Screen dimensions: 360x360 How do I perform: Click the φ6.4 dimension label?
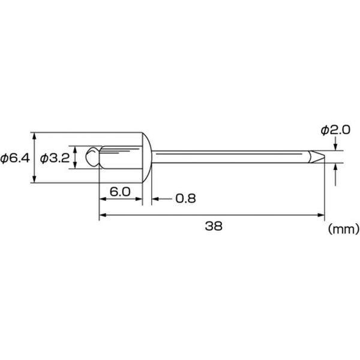(x=15, y=158)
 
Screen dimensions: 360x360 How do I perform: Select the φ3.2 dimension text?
(x=55, y=158)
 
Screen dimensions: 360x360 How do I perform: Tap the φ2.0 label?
(x=335, y=130)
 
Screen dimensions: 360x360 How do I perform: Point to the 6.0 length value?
(x=120, y=191)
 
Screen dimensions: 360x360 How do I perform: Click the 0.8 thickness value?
(x=185, y=199)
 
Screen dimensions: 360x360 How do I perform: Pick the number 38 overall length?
(x=214, y=226)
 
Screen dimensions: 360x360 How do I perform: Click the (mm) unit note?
(x=343, y=229)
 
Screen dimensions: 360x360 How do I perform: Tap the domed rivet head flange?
(x=147, y=157)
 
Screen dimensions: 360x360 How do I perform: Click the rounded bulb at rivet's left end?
(x=92, y=157)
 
